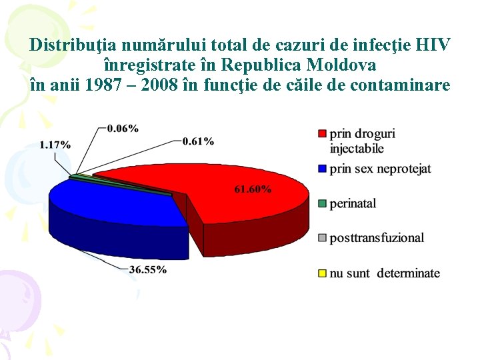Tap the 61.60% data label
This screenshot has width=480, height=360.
coord(253,189)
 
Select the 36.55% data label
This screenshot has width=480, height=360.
coord(147,270)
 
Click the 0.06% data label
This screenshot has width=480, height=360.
coord(123,128)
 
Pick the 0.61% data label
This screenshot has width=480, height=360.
coord(198,141)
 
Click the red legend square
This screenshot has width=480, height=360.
coord(323,134)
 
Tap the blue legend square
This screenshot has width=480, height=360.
coord(323,169)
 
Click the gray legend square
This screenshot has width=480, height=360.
coord(323,238)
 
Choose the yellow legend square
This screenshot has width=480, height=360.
coord(323,273)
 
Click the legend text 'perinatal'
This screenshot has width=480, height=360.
coord(353,203)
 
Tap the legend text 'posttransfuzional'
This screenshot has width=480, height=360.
coord(377,238)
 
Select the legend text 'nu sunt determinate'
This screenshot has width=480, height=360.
coord(385,273)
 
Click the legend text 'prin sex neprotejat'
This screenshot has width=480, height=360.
coord(380,169)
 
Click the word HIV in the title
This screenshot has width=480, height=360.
coord(432,45)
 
